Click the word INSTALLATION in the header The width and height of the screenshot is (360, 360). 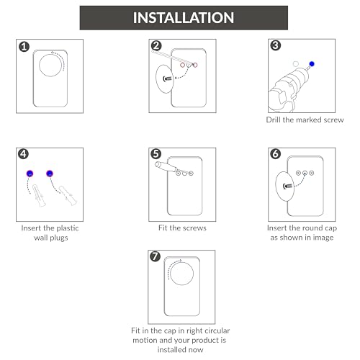pyautogui.click(x=184, y=18)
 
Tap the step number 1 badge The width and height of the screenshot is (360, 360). pyautogui.click(x=24, y=47)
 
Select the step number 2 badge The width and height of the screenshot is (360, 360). pyautogui.click(x=156, y=45)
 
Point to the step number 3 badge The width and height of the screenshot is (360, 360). pyautogui.click(x=276, y=45)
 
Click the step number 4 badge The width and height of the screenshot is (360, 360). pyautogui.click(x=23, y=154)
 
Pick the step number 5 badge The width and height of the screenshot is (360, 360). pyautogui.click(x=156, y=154)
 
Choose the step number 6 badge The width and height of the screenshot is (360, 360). pyautogui.click(x=276, y=154)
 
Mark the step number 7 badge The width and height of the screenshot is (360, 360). pyautogui.click(x=155, y=256)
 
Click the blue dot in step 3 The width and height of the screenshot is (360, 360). pyautogui.click(x=312, y=64)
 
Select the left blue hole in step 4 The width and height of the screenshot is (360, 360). pyautogui.click(x=30, y=174)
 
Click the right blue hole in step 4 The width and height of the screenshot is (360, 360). pyautogui.click(x=50, y=174)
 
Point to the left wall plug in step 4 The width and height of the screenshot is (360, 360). pyautogui.click(x=39, y=195)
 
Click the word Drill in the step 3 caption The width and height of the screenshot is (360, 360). pyautogui.click(x=274, y=120)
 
